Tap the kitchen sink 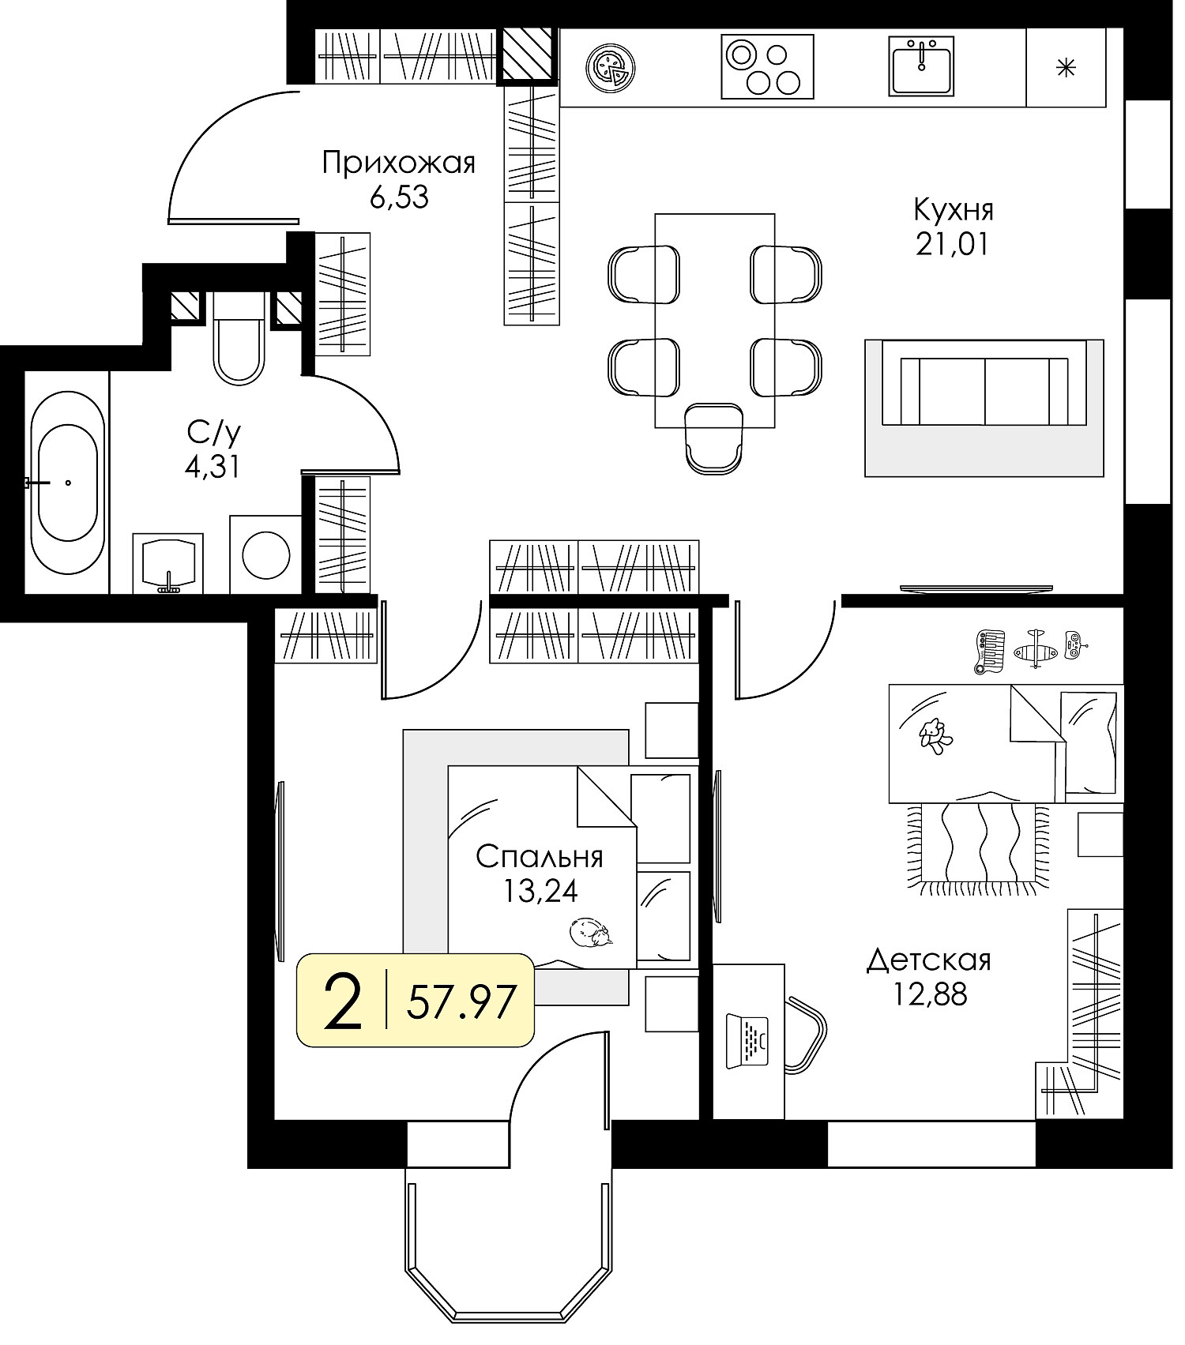(922, 66)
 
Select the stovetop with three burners (767, 66)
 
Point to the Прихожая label (399, 163)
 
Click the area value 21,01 (952, 245)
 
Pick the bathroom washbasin (168, 563)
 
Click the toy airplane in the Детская (1034, 649)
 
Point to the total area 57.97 (461, 1001)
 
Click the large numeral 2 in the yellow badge (344, 1001)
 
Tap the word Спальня (540, 856)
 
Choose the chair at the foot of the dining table (714, 439)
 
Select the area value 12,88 (930, 994)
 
